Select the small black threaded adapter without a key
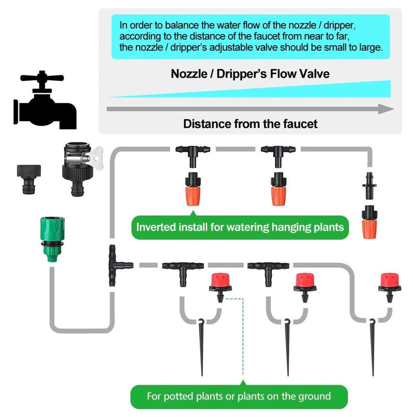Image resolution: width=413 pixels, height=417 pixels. (29, 178)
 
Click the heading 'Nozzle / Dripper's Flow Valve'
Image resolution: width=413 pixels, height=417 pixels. (250, 74)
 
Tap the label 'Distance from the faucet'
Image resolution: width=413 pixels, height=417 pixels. (250, 124)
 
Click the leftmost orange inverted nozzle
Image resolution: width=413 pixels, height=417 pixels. (192, 189)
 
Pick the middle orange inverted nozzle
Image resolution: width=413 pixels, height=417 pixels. (277, 189)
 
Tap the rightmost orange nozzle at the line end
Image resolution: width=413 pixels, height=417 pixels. (369, 222)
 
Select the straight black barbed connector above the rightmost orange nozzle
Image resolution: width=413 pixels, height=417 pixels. (369, 185)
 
